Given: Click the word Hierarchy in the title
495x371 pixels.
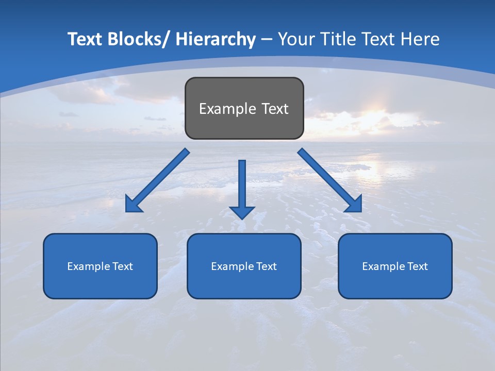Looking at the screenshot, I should point(216,39).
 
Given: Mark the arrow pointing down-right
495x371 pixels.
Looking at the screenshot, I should point(327,178).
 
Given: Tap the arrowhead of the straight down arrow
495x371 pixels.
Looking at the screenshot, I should point(242,212).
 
